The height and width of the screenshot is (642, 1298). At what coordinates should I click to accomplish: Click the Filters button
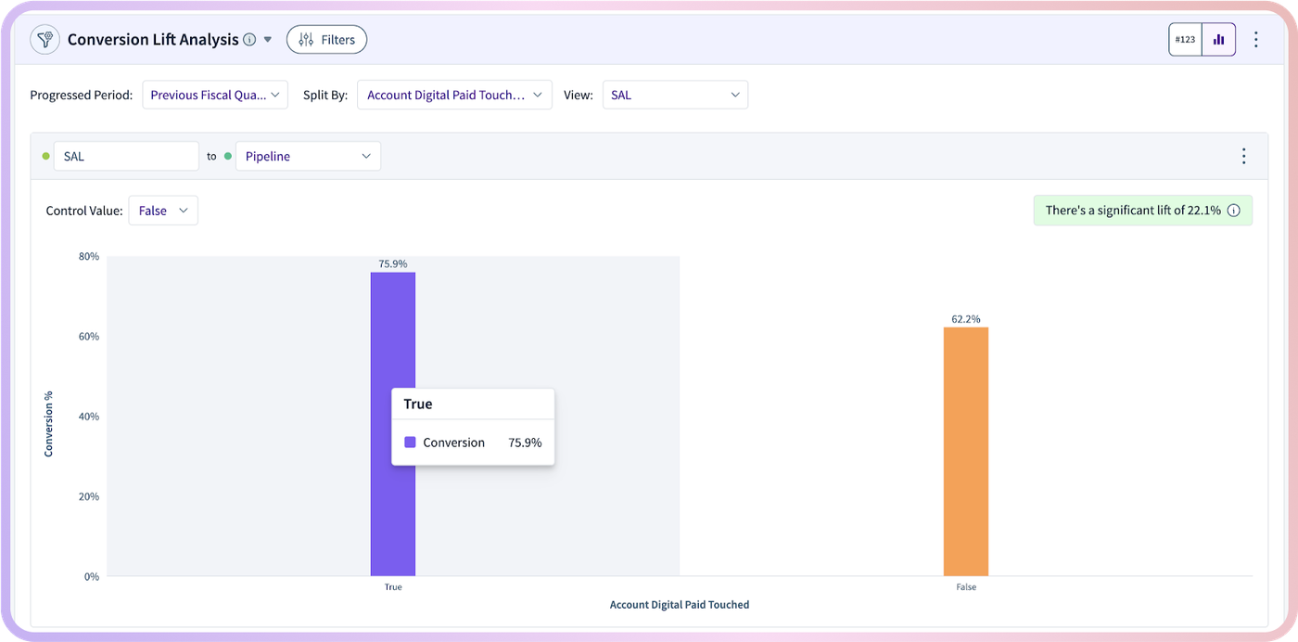(x=326, y=40)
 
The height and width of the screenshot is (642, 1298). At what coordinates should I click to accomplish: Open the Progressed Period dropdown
(x=215, y=95)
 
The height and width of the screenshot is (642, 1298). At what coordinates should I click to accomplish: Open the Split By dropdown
(x=454, y=95)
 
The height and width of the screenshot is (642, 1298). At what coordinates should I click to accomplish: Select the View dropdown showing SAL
(x=675, y=95)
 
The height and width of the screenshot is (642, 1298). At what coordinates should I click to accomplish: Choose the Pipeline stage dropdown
(x=308, y=156)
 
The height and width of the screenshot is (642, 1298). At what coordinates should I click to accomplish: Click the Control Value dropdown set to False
(x=163, y=211)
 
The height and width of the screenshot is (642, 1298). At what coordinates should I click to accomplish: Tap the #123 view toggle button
(x=1185, y=40)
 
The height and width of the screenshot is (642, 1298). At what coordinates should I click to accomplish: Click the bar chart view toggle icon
(x=1218, y=40)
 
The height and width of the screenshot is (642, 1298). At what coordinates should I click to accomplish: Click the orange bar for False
(x=966, y=452)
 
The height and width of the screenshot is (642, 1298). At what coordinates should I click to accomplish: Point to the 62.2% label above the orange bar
(x=966, y=319)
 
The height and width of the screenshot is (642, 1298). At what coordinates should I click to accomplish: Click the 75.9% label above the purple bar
(x=393, y=263)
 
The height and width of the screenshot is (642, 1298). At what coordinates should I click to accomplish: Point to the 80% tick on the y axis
(x=89, y=256)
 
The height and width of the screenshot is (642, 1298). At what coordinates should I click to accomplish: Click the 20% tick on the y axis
(x=89, y=496)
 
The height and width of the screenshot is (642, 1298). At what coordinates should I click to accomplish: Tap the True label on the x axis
(x=393, y=587)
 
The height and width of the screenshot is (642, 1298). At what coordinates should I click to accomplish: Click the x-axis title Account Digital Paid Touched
(x=679, y=604)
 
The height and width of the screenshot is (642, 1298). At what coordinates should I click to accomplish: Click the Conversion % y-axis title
(x=48, y=424)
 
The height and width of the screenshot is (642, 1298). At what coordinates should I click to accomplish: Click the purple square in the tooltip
(x=410, y=442)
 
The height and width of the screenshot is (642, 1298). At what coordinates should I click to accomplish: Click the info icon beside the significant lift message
(x=1234, y=211)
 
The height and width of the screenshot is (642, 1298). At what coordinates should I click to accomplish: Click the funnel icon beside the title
(x=45, y=40)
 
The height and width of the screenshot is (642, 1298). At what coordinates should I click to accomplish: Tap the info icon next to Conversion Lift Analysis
(x=249, y=40)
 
